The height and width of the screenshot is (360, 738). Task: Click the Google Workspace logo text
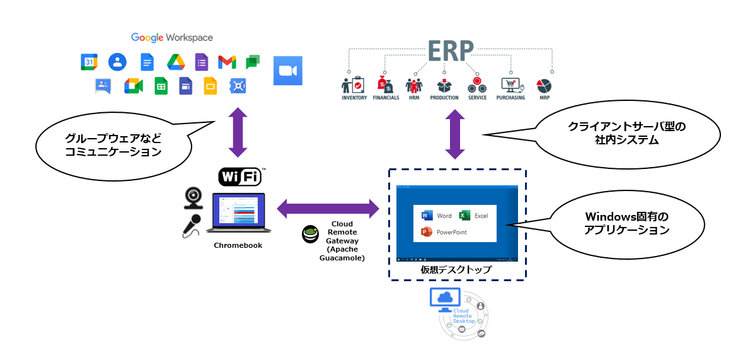tap(172, 38)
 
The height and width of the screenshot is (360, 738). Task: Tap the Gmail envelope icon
tap(227, 62)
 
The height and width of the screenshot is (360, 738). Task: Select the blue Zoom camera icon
tap(288, 71)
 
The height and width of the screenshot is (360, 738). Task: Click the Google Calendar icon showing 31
tap(89, 62)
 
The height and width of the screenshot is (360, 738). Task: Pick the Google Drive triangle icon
tap(175, 62)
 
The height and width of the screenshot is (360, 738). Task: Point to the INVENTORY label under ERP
tap(354, 98)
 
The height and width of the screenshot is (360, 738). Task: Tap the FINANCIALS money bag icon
tap(385, 84)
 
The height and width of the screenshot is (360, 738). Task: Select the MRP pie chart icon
tap(544, 85)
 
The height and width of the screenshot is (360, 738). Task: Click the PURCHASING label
tap(510, 98)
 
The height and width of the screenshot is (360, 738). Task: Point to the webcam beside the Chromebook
tap(193, 197)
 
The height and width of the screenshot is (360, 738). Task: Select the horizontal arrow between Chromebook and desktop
tap(328, 208)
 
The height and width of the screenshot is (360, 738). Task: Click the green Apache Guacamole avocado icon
tap(310, 234)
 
